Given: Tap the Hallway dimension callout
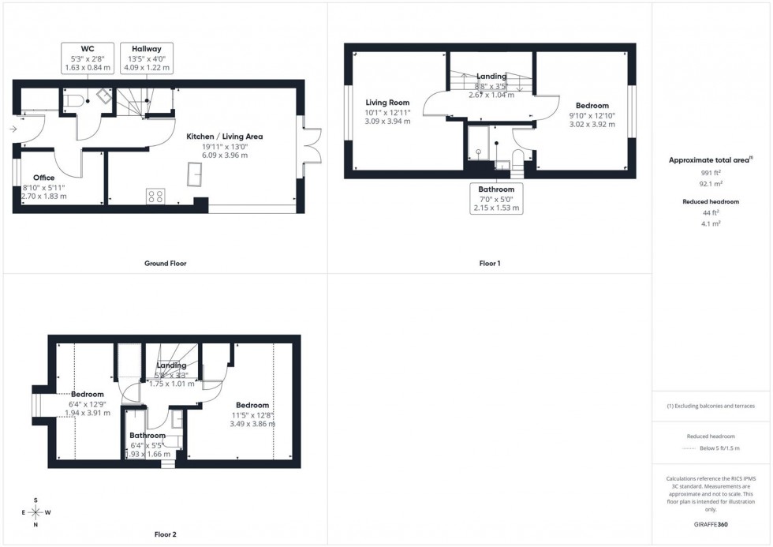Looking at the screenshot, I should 146,58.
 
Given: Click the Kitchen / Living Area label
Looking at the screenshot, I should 224,145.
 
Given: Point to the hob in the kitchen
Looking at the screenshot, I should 155,197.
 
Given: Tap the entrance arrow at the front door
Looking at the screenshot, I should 14,129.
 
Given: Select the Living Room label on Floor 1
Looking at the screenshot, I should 387,111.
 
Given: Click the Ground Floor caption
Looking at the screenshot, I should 165,263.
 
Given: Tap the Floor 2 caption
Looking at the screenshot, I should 165,534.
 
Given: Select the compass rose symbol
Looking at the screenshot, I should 35,512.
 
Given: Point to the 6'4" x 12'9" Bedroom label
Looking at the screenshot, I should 88,403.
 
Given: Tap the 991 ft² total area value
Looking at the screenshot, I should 711,172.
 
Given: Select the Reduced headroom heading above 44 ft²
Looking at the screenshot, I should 711,202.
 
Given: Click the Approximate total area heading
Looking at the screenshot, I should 711,159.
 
